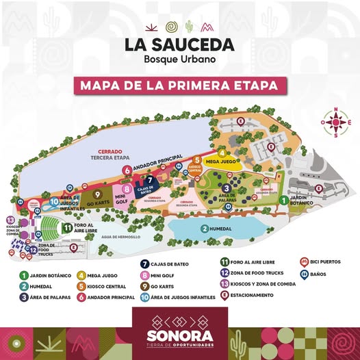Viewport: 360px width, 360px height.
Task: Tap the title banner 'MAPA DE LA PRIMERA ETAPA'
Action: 180,86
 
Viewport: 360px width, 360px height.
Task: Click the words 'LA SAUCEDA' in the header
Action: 179,45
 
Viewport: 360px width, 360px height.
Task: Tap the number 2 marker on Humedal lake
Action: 204,229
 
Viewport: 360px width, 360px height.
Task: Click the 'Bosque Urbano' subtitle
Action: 179,60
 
